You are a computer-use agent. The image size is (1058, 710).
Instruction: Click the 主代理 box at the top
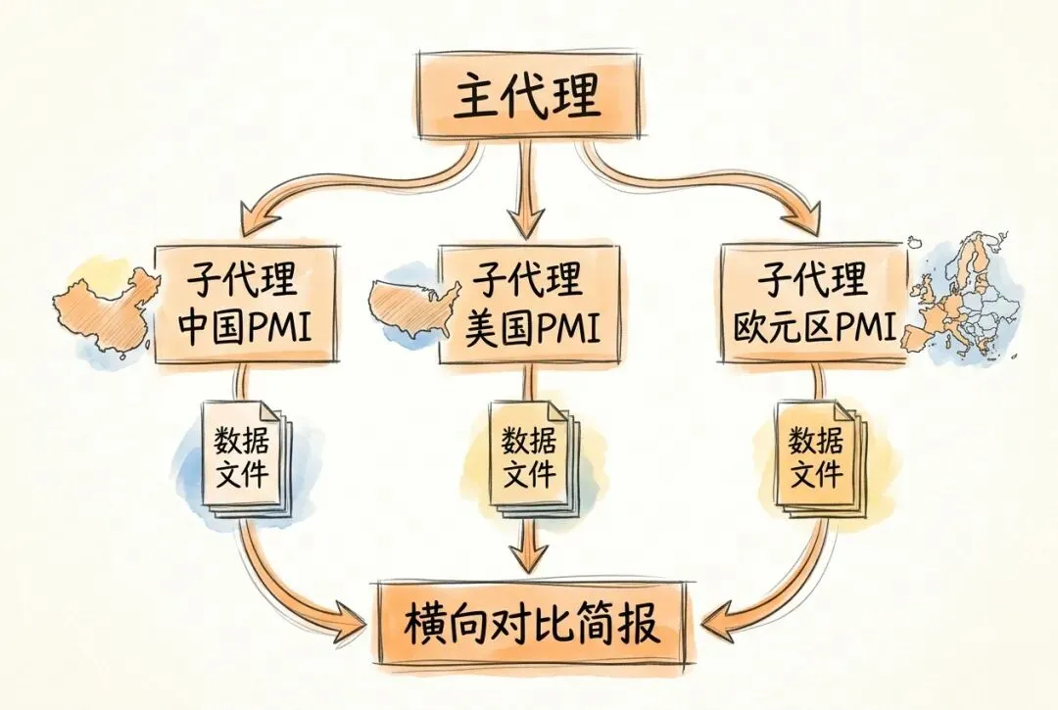pos(529,98)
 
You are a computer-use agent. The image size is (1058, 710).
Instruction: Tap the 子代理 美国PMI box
pos(529,304)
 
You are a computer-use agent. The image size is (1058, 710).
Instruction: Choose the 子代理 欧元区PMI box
pos(813,304)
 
